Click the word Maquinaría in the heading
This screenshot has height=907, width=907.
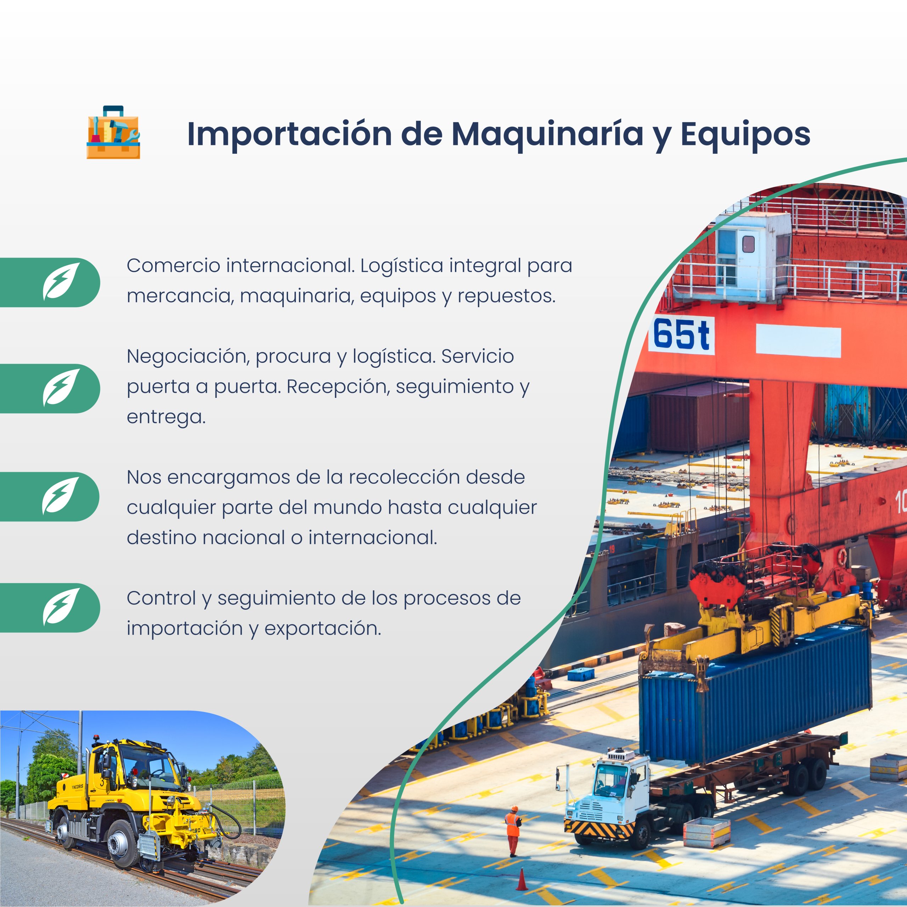(x=547, y=134)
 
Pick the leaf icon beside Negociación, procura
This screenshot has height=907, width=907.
(x=61, y=387)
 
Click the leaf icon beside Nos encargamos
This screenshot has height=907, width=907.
(x=61, y=495)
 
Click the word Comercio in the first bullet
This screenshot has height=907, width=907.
(x=174, y=266)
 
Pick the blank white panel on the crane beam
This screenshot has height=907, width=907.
(x=798, y=342)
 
